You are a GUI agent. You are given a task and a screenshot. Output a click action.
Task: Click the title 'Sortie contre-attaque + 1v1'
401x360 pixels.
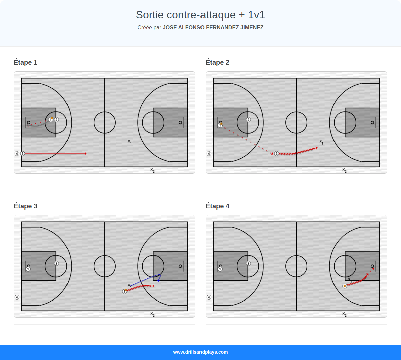(200, 15)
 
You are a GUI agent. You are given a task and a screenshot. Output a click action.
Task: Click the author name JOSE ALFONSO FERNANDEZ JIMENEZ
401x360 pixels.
(213, 28)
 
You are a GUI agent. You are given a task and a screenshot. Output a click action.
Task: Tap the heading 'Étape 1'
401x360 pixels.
(25, 62)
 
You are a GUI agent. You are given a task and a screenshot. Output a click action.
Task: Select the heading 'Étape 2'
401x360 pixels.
(217, 62)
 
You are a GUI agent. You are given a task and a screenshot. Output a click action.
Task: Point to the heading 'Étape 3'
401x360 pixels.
(25, 206)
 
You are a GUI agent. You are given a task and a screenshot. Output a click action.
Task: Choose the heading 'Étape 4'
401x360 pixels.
(217, 206)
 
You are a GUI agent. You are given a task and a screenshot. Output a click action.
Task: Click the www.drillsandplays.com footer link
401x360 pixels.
(200, 352)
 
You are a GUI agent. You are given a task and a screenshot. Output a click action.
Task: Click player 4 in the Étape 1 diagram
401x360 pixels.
(17, 154)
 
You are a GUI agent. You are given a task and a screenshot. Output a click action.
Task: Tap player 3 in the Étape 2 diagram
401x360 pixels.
(276, 154)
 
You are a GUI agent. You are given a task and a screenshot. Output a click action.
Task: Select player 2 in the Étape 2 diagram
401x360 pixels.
(248, 120)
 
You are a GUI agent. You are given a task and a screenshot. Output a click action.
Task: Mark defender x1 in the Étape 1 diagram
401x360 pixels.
(129, 142)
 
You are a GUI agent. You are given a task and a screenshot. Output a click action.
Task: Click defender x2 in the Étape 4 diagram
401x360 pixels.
(344, 314)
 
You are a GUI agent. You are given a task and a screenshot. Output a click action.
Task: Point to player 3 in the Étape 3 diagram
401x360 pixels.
(125, 292)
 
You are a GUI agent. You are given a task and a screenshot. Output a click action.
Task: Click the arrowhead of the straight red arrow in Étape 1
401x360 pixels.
(86, 154)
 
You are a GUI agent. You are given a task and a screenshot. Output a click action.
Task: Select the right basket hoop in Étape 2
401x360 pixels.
(372, 122)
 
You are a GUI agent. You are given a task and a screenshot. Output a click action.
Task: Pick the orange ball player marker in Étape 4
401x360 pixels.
(345, 286)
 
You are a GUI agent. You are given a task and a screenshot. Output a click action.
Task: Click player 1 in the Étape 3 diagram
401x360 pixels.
(28, 269)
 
